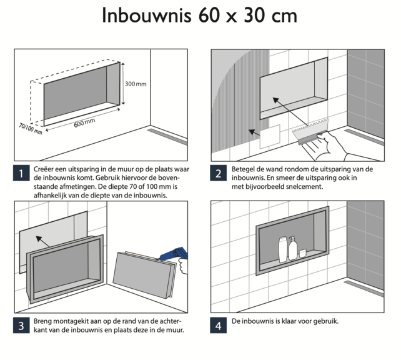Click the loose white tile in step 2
tap(272, 137)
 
